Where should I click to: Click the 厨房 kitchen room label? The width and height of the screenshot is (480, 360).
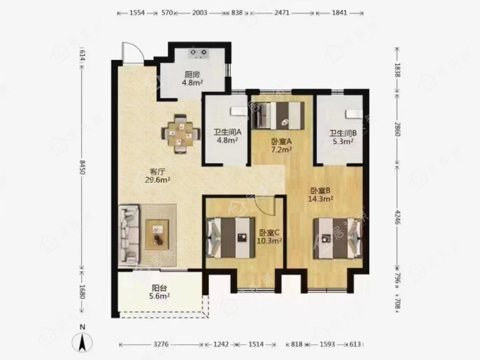click(192, 74)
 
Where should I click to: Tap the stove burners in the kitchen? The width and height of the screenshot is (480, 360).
click(198, 53)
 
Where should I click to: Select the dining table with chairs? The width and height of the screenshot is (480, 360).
click(181, 134)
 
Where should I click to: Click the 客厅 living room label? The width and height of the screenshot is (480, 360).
click(157, 172)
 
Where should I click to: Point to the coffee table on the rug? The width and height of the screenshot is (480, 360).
click(157, 234)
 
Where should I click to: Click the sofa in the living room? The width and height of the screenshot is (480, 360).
click(129, 235)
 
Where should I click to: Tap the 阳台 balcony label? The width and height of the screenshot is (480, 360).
click(160, 288)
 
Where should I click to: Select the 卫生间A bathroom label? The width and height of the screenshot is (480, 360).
click(227, 132)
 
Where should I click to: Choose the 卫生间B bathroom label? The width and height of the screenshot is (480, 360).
click(343, 133)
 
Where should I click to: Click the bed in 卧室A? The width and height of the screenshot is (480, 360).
click(278, 115)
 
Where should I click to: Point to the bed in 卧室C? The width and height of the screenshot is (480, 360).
click(231, 238)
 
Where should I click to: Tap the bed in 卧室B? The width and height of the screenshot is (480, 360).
click(337, 239)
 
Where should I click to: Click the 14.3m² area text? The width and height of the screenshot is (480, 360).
click(320, 199)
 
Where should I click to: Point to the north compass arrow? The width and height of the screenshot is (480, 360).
click(82, 342)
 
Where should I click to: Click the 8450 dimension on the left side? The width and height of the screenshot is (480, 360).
click(82, 167)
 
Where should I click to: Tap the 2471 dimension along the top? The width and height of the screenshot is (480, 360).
click(282, 13)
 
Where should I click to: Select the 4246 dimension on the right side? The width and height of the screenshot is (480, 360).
click(397, 217)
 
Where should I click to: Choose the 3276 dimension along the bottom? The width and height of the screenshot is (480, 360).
click(161, 344)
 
